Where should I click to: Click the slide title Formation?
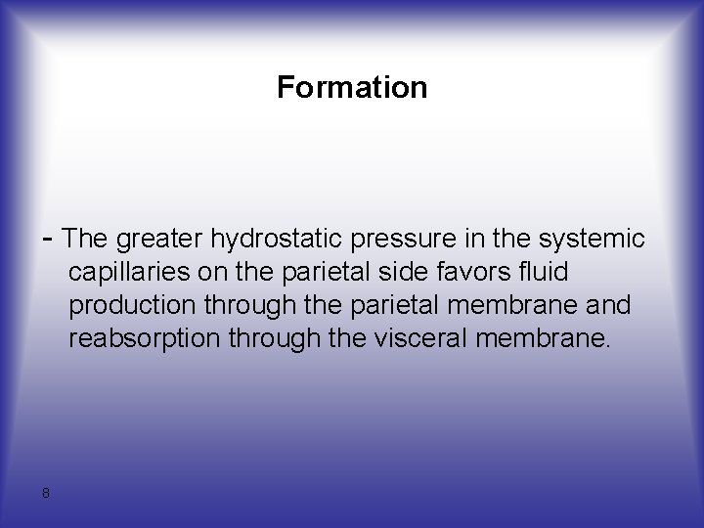click(352, 88)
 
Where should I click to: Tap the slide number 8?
click(46, 493)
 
